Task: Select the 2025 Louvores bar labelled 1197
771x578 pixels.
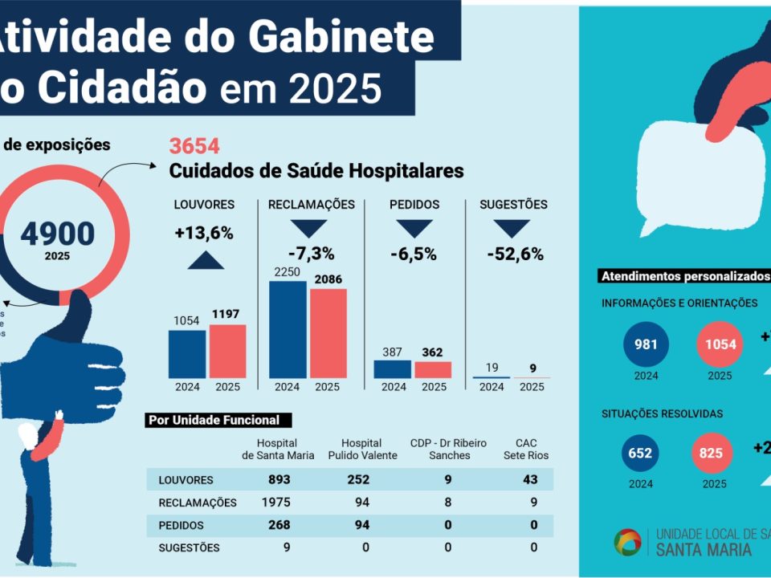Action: click(227, 351)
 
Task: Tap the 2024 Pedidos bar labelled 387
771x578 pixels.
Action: click(393, 368)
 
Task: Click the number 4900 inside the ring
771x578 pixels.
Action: click(58, 234)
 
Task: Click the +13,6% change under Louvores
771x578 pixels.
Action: click(203, 233)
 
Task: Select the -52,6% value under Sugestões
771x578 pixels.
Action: click(515, 254)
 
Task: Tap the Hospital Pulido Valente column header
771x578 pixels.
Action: click(361, 450)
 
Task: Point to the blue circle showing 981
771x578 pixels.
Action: click(647, 344)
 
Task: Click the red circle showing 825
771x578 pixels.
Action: click(712, 454)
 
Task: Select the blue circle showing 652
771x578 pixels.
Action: click(640, 454)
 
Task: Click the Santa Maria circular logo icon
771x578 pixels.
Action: click(628, 542)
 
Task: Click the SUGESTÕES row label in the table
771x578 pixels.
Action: click(189, 547)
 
